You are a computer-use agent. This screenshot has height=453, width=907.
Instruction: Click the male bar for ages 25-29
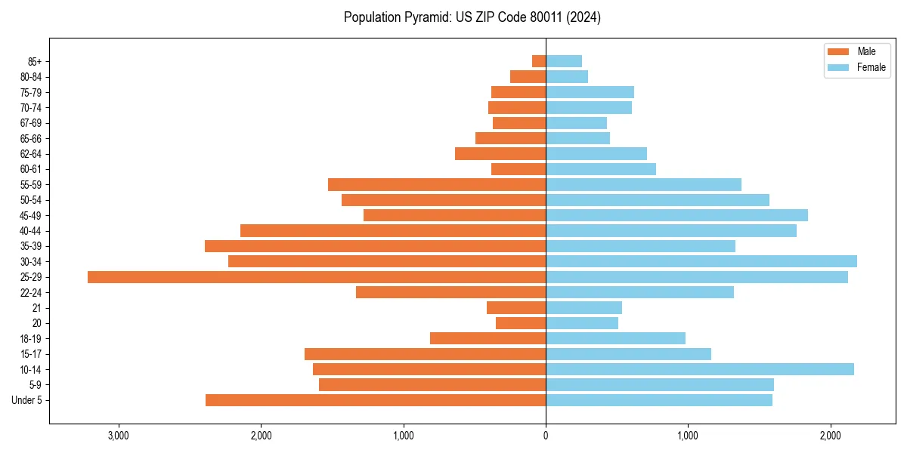[x=317, y=277]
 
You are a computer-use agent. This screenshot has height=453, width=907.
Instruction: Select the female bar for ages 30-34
[x=701, y=261]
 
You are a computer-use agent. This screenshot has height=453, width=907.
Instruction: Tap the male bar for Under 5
[x=376, y=400]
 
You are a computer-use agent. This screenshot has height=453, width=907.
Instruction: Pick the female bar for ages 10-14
[x=700, y=369]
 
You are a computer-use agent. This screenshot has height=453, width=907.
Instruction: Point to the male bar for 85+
[x=539, y=61]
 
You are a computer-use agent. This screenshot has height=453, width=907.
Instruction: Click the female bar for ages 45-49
[x=676, y=215]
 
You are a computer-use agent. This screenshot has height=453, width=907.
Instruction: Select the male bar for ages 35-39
[x=375, y=246]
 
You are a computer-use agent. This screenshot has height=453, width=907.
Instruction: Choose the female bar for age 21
[x=584, y=308]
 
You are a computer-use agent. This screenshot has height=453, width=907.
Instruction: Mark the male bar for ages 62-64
[x=500, y=154]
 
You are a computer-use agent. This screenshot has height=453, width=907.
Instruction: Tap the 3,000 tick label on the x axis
[x=119, y=436]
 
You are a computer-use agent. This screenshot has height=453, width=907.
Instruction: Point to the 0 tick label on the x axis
[x=546, y=436]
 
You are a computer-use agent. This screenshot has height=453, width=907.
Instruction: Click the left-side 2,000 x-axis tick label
[x=261, y=436]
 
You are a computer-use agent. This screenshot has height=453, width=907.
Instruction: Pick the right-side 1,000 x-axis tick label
[x=688, y=436]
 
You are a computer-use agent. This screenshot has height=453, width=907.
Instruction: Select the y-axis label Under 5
[x=27, y=400]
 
